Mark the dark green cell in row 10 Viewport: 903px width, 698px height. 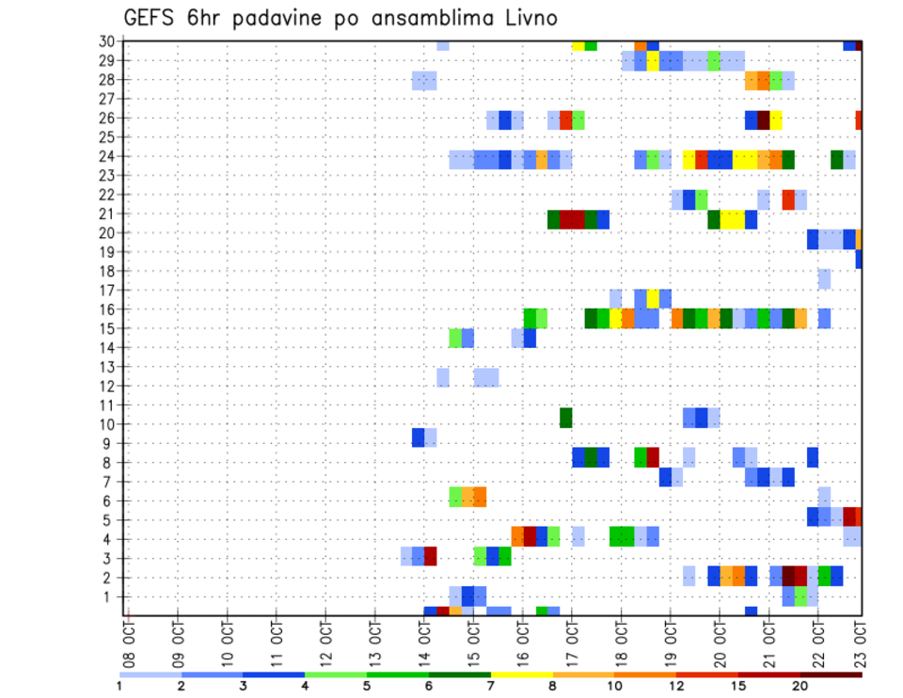[566, 417]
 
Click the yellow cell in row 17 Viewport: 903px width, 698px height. [653, 297]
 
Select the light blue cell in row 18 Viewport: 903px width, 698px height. [824, 278]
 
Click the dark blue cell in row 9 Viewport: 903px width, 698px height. [418, 437]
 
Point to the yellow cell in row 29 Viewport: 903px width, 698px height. [653, 61]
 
